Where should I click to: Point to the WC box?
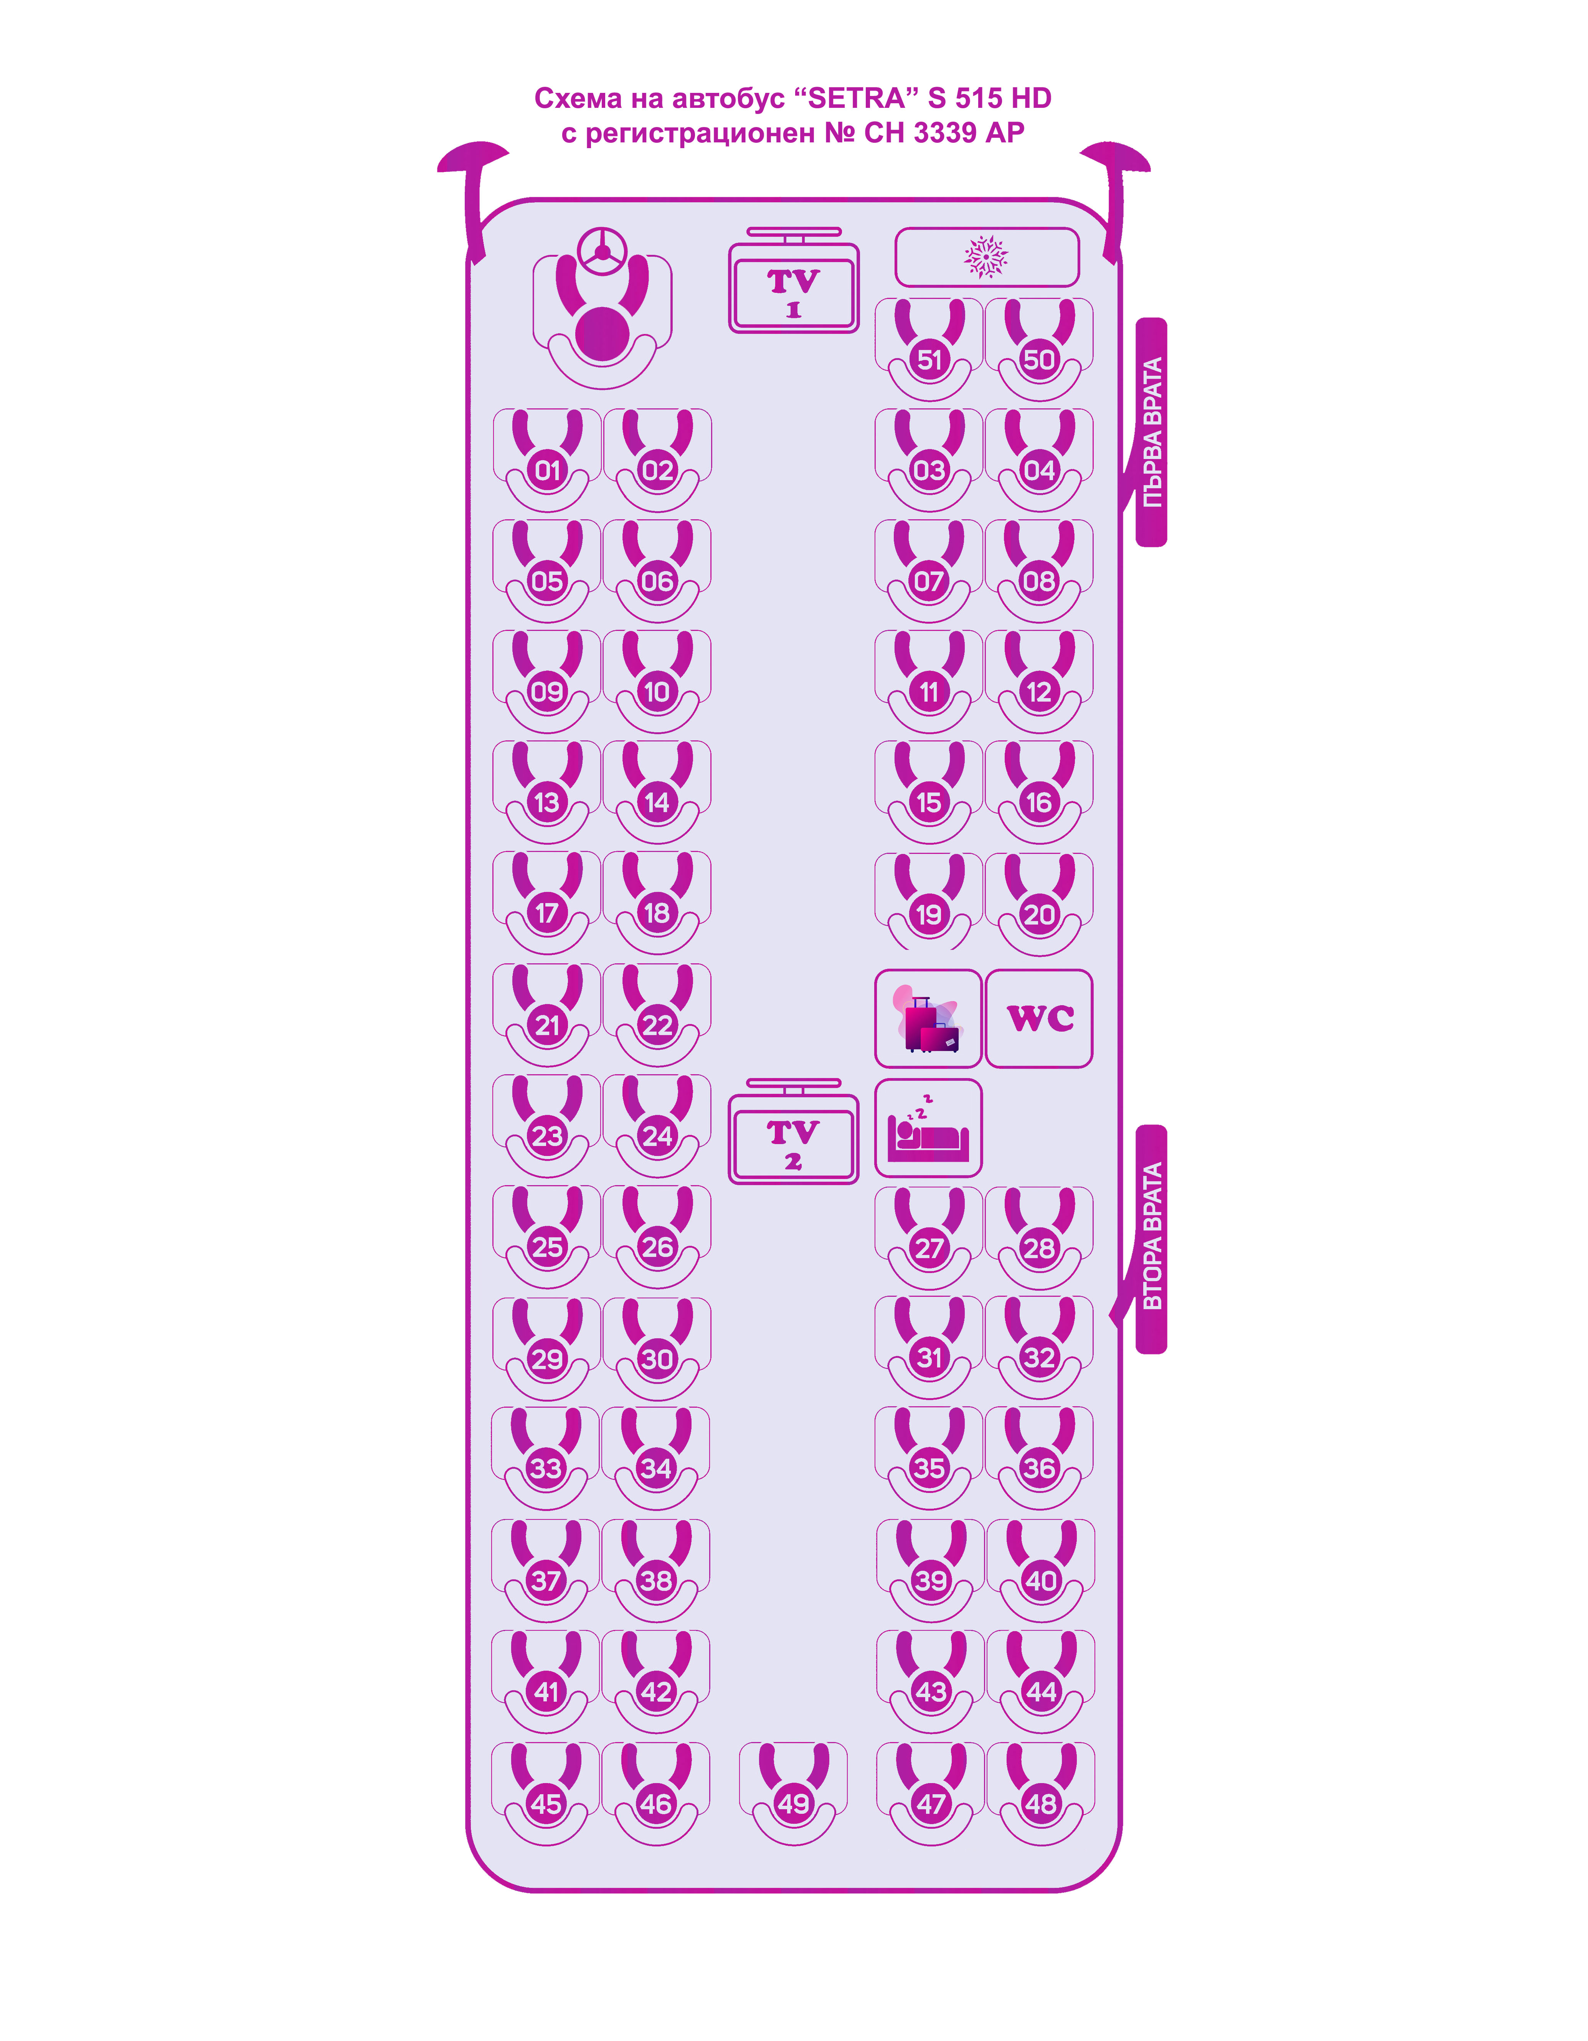pyautogui.click(x=1039, y=1019)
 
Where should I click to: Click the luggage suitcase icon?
pyautogui.click(x=928, y=1019)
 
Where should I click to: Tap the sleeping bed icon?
pyautogui.click(x=928, y=1128)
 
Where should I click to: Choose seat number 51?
pyautogui.click(x=929, y=360)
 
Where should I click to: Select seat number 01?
pyautogui.click(x=548, y=470)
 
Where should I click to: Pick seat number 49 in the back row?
pyautogui.click(x=794, y=1804)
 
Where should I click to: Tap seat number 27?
pyautogui.click(x=929, y=1248)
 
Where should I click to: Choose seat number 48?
pyautogui.click(x=1040, y=1804)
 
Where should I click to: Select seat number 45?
pyautogui.click(x=547, y=1804)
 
